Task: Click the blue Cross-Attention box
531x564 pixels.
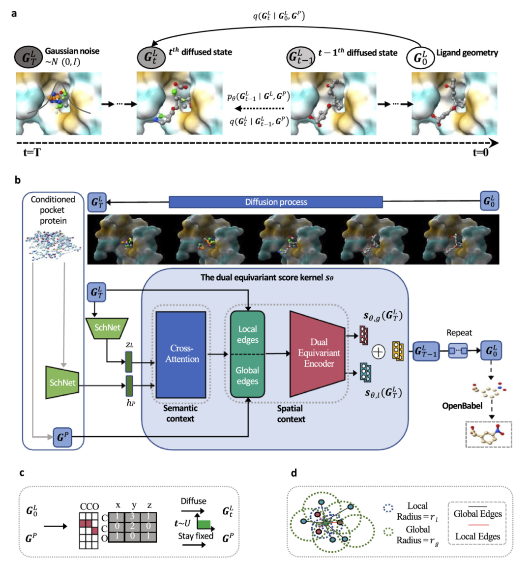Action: click(x=181, y=355)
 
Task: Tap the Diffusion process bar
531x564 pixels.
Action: click(x=275, y=202)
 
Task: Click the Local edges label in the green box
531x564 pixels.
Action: click(x=247, y=334)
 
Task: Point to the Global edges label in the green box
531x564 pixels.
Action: click(x=247, y=376)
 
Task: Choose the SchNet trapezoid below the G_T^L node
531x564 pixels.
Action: click(x=107, y=328)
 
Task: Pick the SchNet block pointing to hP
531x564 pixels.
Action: click(x=62, y=383)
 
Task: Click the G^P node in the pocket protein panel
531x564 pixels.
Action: click(x=62, y=438)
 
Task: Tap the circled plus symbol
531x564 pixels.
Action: click(x=378, y=352)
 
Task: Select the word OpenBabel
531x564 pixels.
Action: click(x=462, y=406)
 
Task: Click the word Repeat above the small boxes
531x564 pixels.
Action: click(x=459, y=333)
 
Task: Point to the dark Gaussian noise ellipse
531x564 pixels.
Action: click(x=29, y=57)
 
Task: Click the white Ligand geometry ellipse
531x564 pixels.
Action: click(x=420, y=57)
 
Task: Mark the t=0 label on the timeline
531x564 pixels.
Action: click(x=481, y=153)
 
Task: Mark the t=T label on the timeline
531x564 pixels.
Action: click(x=32, y=152)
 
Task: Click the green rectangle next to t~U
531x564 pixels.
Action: click(x=204, y=524)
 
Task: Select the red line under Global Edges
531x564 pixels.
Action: click(x=478, y=525)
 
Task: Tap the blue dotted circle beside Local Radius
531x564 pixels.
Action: click(x=388, y=508)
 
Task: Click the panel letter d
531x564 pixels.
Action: click(x=294, y=473)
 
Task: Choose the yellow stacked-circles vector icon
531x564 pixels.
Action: click(x=398, y=351)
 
